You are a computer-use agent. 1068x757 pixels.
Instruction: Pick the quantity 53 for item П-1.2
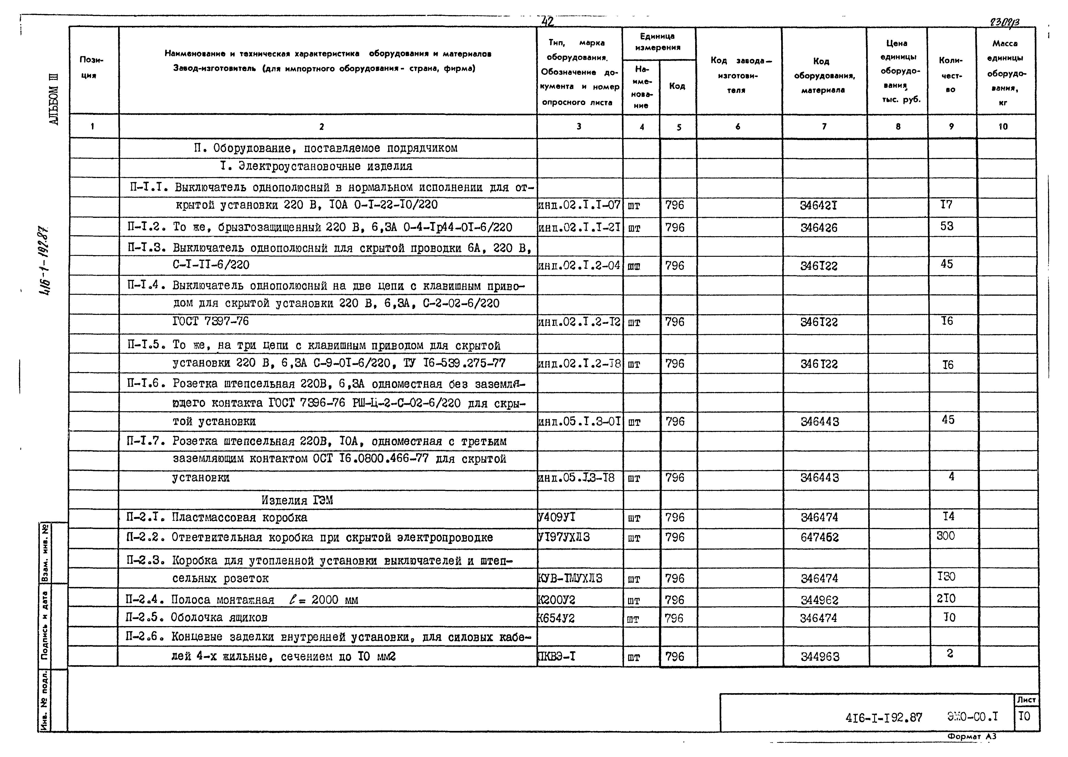(947, 227)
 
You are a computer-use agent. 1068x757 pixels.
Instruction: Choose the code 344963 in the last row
(820, 657)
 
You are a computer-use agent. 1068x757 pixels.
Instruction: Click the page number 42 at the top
(547, 22)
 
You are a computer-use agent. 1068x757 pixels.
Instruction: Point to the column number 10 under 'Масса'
(1003, 126)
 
